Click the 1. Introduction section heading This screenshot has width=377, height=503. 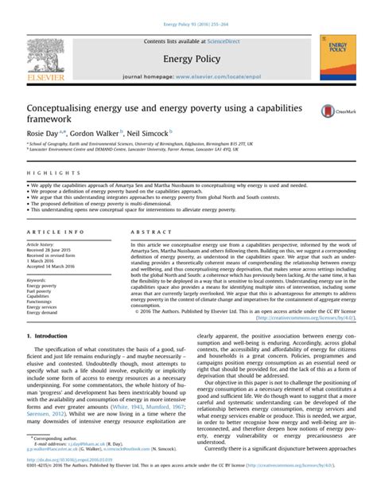[x=49, y=359]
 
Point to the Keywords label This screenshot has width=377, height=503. [x=37, y=281]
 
